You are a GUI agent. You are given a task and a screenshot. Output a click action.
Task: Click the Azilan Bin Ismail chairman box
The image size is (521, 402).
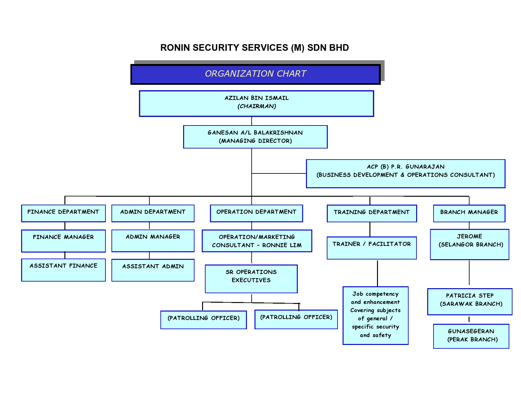pos(256,103)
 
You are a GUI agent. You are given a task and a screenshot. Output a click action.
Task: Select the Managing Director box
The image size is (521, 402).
pos(255,137)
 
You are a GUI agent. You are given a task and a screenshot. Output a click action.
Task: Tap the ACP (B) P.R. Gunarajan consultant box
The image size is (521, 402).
pos(405,174)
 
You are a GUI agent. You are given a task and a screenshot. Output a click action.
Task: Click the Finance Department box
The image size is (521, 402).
pos(63,213)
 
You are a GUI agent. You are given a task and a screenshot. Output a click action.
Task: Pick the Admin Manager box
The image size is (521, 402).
pos(153,241)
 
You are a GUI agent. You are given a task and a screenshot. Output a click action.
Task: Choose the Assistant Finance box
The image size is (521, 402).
pos(63,270)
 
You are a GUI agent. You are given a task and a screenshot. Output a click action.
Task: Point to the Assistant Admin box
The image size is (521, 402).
pos(153,270)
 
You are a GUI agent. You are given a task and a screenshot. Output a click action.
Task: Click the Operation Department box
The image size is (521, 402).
pos(256,213)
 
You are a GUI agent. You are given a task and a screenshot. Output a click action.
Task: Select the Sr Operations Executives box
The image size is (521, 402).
pos(251,279)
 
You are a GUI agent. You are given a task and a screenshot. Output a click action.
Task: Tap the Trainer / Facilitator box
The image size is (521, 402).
pos(372,248)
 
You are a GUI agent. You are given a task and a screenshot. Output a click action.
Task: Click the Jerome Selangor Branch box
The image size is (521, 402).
pos(470,244)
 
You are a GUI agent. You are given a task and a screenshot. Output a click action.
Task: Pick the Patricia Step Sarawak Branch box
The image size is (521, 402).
pos(470,301)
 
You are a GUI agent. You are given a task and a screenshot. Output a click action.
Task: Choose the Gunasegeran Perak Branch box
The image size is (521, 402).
pos(471,336)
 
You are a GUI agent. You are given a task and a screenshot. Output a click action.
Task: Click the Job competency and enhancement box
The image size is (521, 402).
pos(375,315)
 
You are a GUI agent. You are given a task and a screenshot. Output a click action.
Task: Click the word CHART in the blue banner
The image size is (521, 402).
pos(291,73)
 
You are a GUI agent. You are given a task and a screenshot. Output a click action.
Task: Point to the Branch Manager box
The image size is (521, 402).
pos(469,213)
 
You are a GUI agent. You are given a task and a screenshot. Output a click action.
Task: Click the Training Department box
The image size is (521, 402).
pos(372,213)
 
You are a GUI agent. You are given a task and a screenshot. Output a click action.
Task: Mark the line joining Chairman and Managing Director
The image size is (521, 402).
pos(252,121)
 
